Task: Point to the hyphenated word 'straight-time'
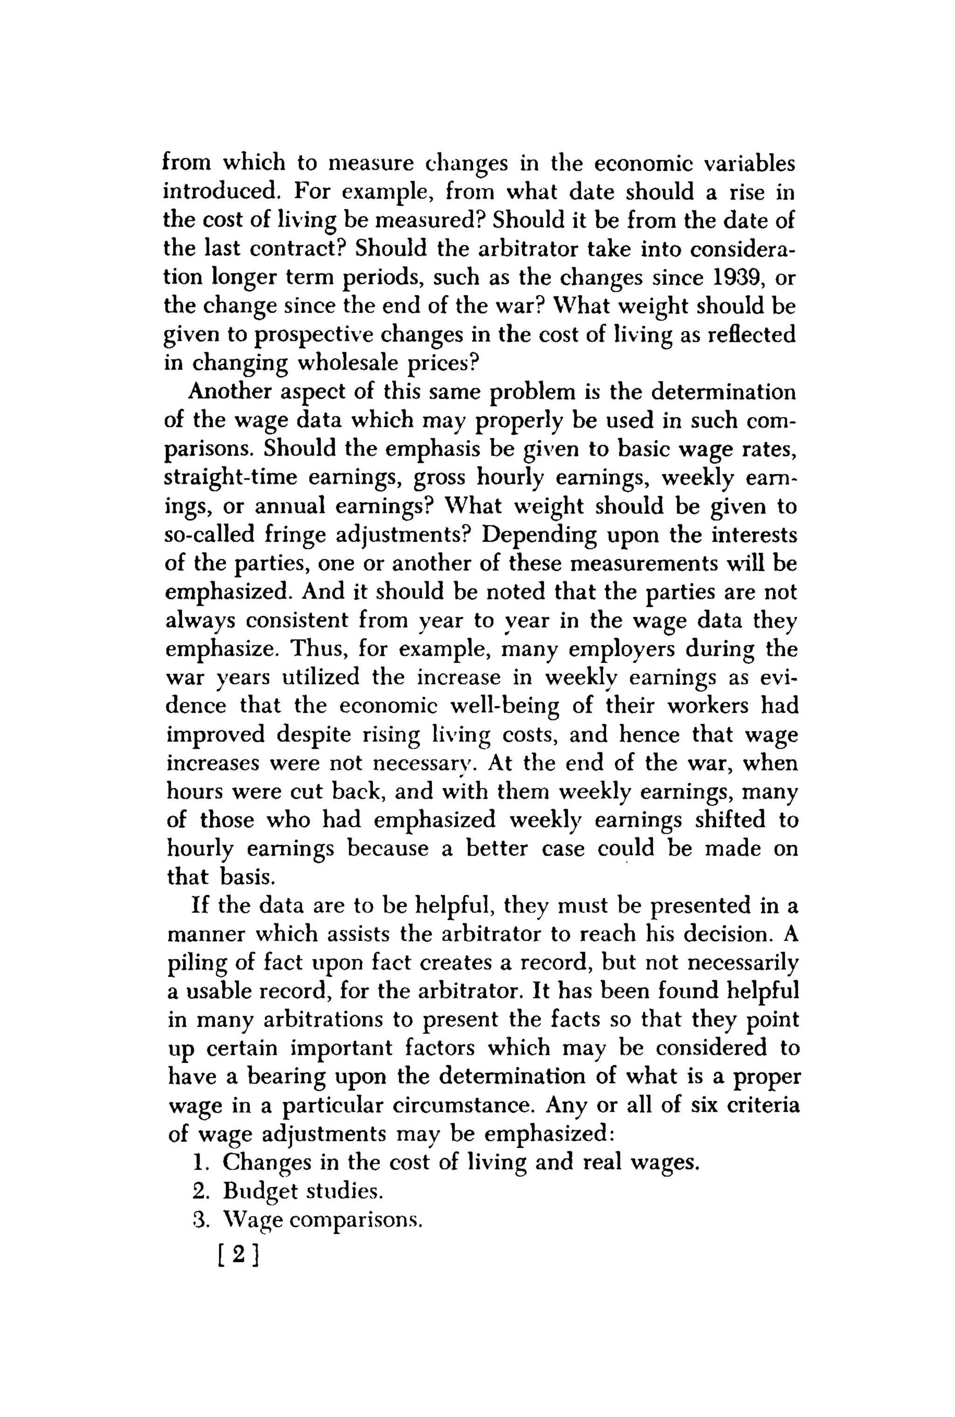(231, 477)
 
